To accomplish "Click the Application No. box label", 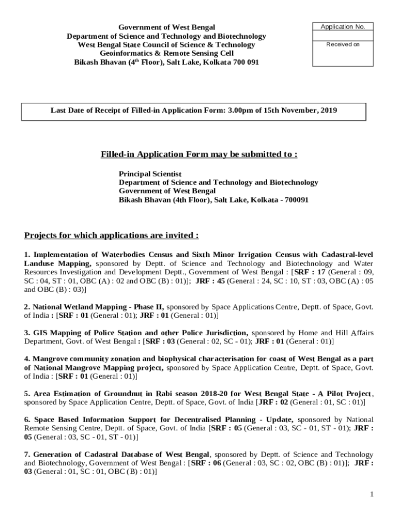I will pyautogui.click(x=343, y=27).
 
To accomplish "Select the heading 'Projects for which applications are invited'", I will pyautogui.click(x=111, y=236).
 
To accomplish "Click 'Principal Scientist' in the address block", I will pyautogui.click(x=150, y=174).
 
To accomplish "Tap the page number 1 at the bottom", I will pyautogui.click(x=371, y=494).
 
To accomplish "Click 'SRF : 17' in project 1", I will pyautogui.click(x=310, y=272).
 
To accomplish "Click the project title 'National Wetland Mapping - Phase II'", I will pyautogui.click(x=98, y=307).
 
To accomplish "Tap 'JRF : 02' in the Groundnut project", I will pyautogui.click(x=272, y=402).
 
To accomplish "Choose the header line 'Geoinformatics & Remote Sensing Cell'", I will pyautogui.click(x=166, y=53).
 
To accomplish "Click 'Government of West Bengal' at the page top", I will pyautogui.click(x=166, y=27).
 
